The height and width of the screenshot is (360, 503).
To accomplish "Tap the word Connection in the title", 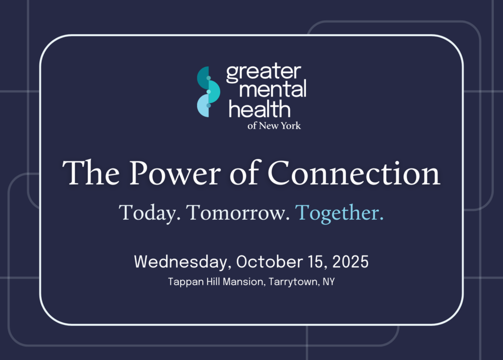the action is pyautogui.click(x=354, y=173).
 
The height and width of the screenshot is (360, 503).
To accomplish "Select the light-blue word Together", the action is pyautogui.click(x=340, y=213).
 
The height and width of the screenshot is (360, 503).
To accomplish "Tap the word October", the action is pyautogui.click(x=270, y=262).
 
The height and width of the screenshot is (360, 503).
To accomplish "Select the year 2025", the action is pyautogui.click(x=350, y=262).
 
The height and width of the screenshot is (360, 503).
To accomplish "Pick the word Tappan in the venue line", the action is pyautogui.click(x=186, y=282).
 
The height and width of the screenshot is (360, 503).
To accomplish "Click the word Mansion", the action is pyautogui.click(x=244, y=282).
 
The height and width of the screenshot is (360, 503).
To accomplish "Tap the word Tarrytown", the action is pyautogui.click(x=294, y=282).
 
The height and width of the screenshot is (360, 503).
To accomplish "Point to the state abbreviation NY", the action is pyautogui.click(x=328, y=282).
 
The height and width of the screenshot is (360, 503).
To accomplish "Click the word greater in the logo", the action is pyautogui.click(x=264, y=72).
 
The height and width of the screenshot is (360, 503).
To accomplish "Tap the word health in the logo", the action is pyautogui.click(x=260, y=109).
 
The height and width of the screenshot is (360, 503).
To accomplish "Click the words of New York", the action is pyautogui.click(x=274, y=126).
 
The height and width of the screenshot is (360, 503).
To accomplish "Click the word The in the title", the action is pyautogui.click(x=91, y=173).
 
